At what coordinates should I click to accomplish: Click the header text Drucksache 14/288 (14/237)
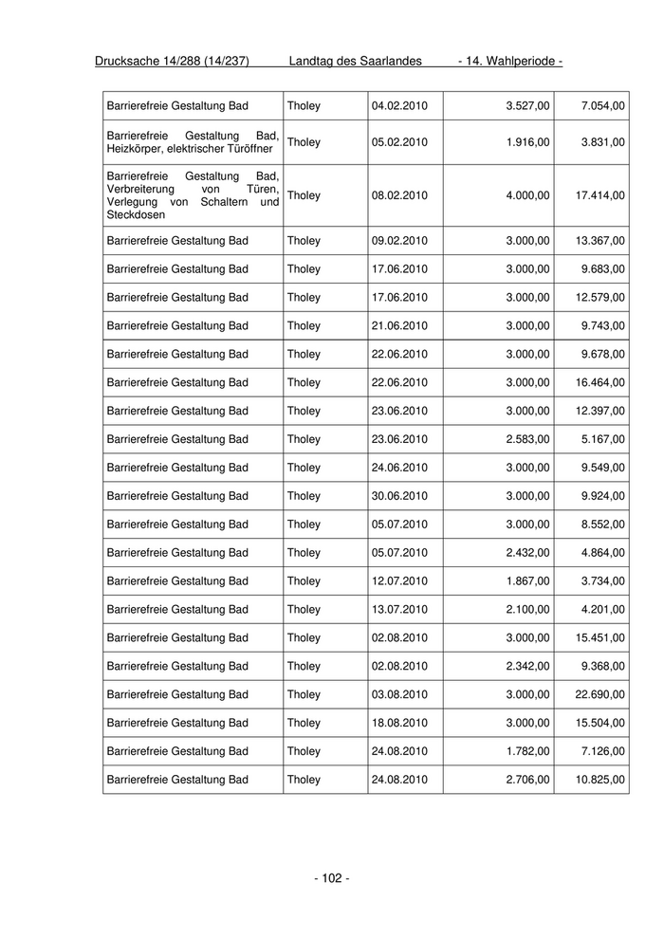point(172,62)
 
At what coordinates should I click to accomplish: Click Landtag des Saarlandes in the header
point(355,62)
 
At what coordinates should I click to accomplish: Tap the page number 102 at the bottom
point(331,878)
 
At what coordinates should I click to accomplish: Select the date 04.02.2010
point(399,104)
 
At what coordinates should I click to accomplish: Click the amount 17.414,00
point(600,195)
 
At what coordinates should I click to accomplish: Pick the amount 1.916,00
point(528,142)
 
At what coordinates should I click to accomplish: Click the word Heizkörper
point(138,149)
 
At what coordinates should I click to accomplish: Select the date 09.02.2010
point(399,241)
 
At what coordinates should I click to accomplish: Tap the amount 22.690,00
point(600,694)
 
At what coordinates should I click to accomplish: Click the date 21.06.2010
point(399,325)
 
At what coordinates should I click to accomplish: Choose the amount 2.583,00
point(528,439)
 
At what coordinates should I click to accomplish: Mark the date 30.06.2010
point(399,496)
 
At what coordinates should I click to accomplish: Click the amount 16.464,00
point(600,382)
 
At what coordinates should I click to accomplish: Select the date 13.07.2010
point(399,609)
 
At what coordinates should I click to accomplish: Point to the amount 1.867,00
point(528,580)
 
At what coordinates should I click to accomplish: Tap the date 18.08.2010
point(399,723)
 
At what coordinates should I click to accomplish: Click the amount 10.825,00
point(600,780)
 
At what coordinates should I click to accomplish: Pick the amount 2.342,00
point(528,666)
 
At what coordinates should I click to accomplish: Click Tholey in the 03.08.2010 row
point(304,694)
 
